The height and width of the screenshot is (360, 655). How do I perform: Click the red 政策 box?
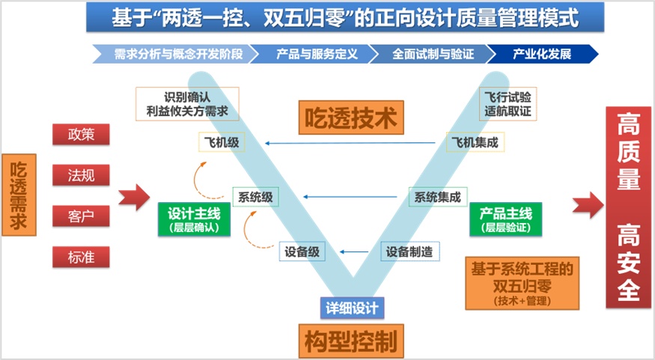click(x=81, y=135)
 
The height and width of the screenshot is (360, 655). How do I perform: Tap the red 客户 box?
click(x=81, y=216)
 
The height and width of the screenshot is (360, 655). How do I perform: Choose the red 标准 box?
click(x=81, y=257)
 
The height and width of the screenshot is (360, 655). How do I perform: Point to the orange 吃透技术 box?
click(x=351, y=117)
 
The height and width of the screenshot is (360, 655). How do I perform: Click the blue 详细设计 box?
click(x=351, y=307)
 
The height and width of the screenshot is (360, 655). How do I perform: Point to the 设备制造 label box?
click(x=409, y=252)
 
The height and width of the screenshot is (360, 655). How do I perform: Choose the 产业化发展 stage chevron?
click(x=543, y=54)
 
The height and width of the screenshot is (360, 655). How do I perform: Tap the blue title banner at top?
click(x=344, y=16)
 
